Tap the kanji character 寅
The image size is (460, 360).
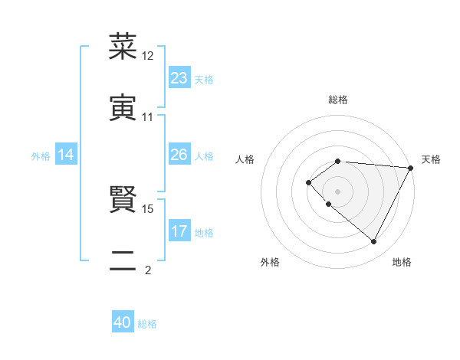pyautogui.click(x=123, y=107)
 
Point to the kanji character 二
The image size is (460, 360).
pyautogui.click(x=123, y=260)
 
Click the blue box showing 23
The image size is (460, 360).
pyautogui.click(x=179, y=78)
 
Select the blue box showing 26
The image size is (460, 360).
pyautogui.click(x=179, y=155)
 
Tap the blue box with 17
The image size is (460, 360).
pyautogui.click(x=179, y=232)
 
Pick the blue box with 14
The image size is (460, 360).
pyautogui.click(x=66, y=155)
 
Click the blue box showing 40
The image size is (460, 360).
pyautogui.click(x=123, y=323)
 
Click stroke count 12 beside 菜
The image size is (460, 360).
pyautogui.click(x=148, y=56)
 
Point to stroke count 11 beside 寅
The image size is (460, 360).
pyautogui.click(x=148, y=117)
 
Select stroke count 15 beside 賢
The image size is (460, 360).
pyautogui.click(x=148, y=208)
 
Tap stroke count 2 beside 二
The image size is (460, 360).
pyautogui.click(x=148, y=270)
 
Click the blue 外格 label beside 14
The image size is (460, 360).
pyautogui.click(x=41, y=156)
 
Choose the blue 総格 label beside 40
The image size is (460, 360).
pyautogui.click(x=147, y=324)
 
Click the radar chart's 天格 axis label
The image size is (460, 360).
pyautogui.click(x=432, y=159)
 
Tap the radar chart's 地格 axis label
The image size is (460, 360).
pyautogui.click(x=402, y=262)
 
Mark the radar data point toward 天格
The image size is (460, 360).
pyautogui.click(x=411, y=168)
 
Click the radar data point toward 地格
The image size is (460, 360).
pyautogui.click(x=374, y=242)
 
